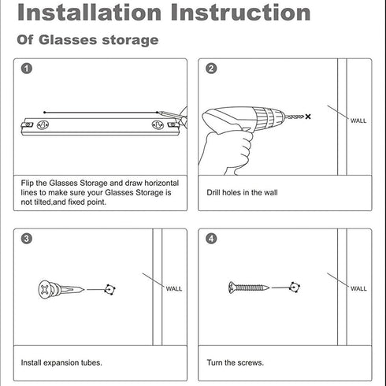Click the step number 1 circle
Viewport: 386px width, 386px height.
[x=27, y=69]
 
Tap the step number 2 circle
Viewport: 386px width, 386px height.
[x=211, y=69]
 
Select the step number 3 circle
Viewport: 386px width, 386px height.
[x=27, y=239]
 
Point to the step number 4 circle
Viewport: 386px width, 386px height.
[x=211, y=239]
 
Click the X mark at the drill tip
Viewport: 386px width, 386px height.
[x=308, y=117]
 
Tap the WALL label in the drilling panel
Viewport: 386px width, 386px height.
[x=358, y=121]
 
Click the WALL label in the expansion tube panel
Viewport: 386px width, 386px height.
[x=174, y=289]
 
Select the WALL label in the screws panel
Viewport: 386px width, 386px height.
[x=358, y=288]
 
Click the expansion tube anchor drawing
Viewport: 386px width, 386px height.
[x=61, y=290]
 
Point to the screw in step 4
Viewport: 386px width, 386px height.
[x=249, y=288]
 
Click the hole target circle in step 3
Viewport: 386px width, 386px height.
[x=109, y=289]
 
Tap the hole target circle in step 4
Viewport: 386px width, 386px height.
[x=295, y=288]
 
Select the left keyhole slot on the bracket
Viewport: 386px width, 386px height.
[x=43, y=124]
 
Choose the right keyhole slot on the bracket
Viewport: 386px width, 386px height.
[x=158, y=124]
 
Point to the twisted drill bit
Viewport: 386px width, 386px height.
[x=294, y=117]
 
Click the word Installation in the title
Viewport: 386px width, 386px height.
[x=89, y=13]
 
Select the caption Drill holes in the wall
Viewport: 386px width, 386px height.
[x=242, y=192]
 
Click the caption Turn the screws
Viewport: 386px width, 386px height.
[x=235, y=362]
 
